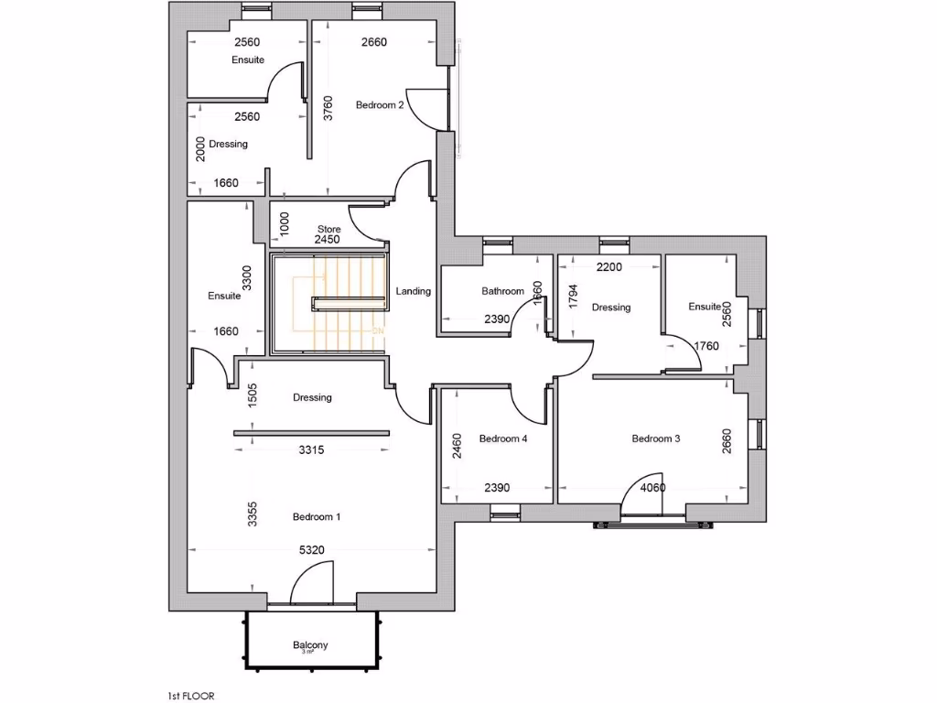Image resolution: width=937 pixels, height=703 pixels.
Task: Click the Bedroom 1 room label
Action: [317, 517]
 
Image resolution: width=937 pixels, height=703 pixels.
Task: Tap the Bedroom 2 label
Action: [380, 105]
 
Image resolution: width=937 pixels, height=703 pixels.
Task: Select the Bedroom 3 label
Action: [656, 438]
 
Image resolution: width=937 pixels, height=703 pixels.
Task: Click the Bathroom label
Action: [503, 292]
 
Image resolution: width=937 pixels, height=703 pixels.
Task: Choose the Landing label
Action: [414, 292]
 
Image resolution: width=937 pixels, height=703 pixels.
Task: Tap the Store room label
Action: [328, 229]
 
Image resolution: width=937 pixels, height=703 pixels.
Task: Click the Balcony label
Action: [310, 645]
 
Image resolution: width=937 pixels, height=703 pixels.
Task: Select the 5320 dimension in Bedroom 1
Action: [311, 550]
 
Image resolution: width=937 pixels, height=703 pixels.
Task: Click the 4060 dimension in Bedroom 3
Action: [652, 488]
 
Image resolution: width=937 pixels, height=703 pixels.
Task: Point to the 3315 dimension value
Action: [311, 450]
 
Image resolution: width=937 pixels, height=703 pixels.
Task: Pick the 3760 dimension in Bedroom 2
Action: [328, 108]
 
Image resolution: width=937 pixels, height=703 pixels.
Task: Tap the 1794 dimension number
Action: [574, 297]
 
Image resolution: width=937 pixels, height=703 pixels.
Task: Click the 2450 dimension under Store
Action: [328, 240]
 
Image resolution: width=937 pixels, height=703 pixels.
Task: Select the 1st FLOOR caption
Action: [190, 696]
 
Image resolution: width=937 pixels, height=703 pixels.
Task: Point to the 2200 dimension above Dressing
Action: [609, 267]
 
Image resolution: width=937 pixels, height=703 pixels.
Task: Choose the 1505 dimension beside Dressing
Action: [253, 395]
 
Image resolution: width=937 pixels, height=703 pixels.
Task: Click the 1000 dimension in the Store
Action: [285, 222]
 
